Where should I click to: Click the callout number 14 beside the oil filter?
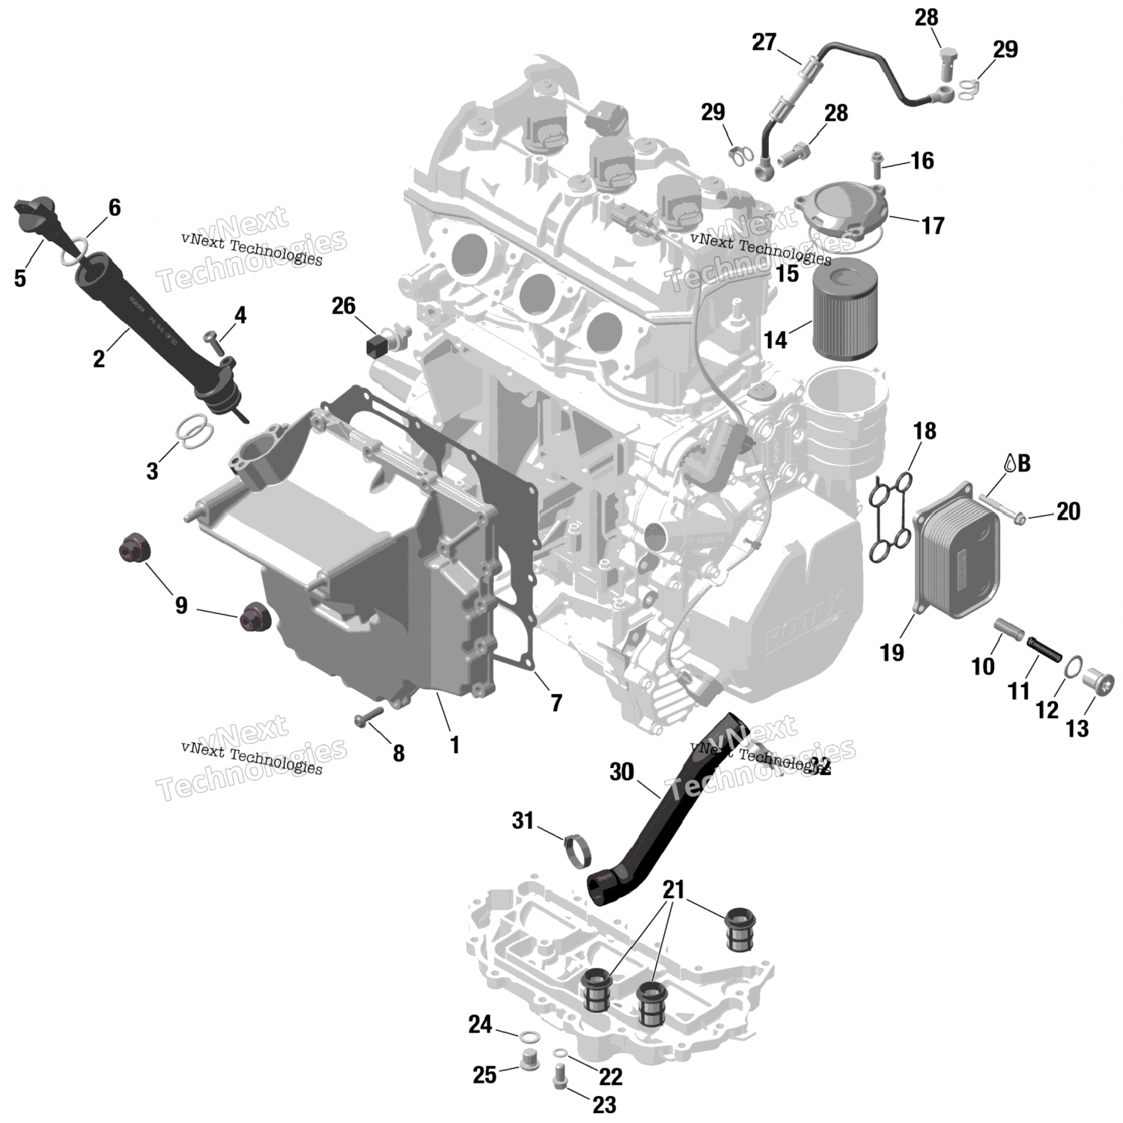[x=776, y=339]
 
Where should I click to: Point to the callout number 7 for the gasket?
[x=556, y=702]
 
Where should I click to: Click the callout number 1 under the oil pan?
[x=454, y=744]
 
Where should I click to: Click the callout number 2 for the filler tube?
[x=99, y=359]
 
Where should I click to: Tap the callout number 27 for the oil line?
[x=764, y=43]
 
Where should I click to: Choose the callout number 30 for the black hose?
[x=621, y=772]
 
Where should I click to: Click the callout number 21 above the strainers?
[x=674, y=889]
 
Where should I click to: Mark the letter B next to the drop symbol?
[x=1023, y=463]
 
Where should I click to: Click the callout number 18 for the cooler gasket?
[x=925, y=430]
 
